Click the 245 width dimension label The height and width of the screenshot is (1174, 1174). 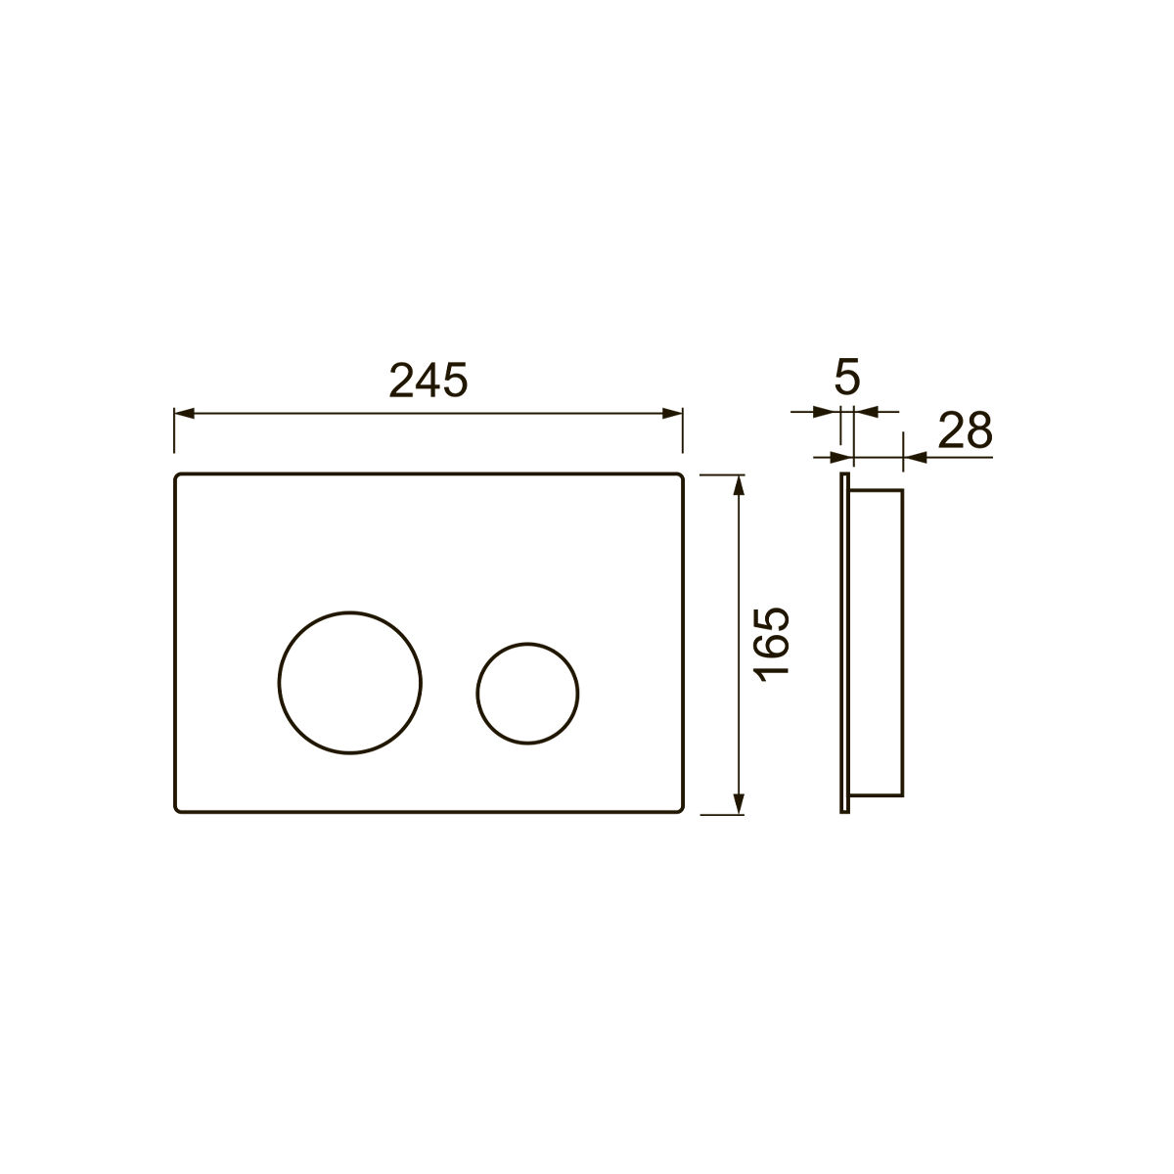pyautogui.click(x=429, y=381)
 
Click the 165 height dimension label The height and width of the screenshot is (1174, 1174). pyautogui.click(x=771, y=644)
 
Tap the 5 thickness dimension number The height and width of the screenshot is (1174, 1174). pyautogui.click(x=847, y=377)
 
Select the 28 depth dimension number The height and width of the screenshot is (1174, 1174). pyautogui.click(x=965, y=430)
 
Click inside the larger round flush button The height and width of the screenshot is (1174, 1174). pyautogui.click(x=349, y=682)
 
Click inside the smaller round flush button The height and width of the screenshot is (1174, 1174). pyautogui.click(x=527, y=694)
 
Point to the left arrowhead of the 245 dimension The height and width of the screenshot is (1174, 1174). pyautogui.click(x=184, y=414)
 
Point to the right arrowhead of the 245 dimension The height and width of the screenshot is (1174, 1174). pyautogui.click(x=672, y=414)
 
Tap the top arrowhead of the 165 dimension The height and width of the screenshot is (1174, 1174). pyautogui.click(x=740, y=485)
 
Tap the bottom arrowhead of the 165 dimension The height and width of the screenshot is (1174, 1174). pyautogui.click(x=740, y=804)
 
